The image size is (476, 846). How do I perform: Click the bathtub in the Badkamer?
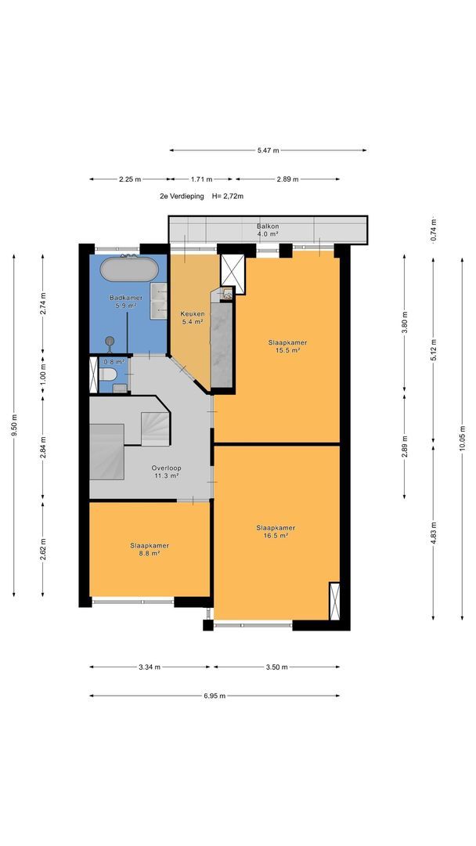(x=129, y=269)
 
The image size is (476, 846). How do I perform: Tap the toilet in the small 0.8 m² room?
(x=108, y=374)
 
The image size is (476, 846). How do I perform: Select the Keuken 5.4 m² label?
(x=191, y=318)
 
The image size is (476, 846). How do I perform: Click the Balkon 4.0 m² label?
(x=268, y=230)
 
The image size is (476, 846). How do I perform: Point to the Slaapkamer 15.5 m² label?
(x=288, y=346)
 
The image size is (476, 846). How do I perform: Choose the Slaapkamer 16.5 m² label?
(x=276, y=531)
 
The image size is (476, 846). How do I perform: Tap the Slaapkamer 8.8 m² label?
(x=150, y=549)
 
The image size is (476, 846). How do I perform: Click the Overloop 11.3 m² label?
(x=166, y=472)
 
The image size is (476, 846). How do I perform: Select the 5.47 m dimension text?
(x=268, y=150)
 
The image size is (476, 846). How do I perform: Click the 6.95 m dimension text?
(x=215, y=696)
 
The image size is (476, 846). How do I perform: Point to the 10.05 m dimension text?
(x=462, y=439)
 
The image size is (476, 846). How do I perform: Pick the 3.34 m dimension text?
(x=150, y=667)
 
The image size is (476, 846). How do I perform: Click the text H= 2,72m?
(x=228, y=197)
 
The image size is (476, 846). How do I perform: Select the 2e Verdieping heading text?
(x=182, y=197)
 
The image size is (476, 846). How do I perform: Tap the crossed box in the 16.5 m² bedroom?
(x=334, y=601)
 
